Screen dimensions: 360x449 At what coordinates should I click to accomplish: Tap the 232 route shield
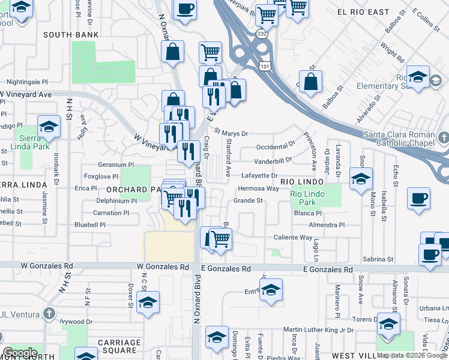point(262,35)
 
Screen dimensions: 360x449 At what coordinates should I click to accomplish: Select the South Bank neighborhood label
point(71,35)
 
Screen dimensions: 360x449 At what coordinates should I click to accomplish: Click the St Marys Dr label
point(231,133)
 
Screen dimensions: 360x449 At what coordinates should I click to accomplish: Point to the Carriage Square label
point(110,346)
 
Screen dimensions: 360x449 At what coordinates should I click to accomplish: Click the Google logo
point(20,353)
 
